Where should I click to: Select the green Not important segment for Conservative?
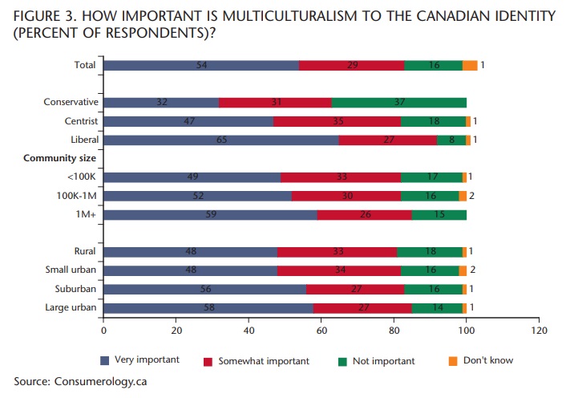398,103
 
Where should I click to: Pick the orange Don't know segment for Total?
470,66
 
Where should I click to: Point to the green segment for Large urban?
437,307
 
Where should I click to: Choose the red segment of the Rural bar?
337,252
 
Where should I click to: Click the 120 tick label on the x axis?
539,330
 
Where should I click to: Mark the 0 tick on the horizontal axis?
103,330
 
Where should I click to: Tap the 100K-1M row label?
77,196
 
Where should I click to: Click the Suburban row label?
77,289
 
